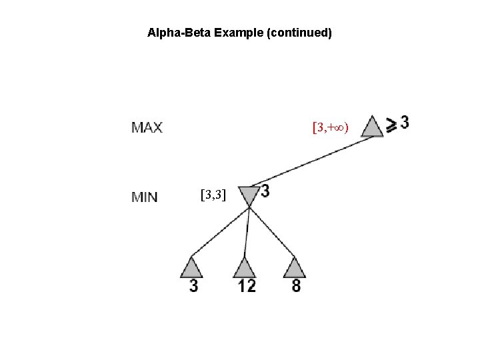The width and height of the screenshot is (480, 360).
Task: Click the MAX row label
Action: (147, 127)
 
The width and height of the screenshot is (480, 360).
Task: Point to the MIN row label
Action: (145, 196)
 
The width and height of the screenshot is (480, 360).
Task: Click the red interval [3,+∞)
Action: (331, 126)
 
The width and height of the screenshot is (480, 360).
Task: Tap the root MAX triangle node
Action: (372, 127)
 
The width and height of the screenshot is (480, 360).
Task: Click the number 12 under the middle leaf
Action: (246, 286)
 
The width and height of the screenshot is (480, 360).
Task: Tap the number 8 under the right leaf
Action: (296, 286)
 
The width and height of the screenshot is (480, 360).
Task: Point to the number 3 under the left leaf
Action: (193, 286)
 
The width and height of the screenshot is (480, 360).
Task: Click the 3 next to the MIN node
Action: (265, 191)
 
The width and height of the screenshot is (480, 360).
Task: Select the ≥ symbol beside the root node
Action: (392, 124)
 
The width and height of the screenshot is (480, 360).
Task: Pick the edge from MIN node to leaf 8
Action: (271, 231)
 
